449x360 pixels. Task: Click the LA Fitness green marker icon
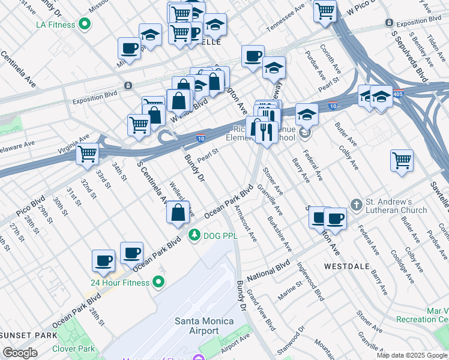coord(85,25)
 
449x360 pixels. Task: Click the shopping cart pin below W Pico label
coord(325,11)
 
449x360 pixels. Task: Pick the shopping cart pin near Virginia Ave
coord(88,154)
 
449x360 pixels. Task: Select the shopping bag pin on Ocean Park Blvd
coord(178,212)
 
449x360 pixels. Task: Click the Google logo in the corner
coord(20,353)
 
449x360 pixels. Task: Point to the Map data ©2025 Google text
coord(412,355)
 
